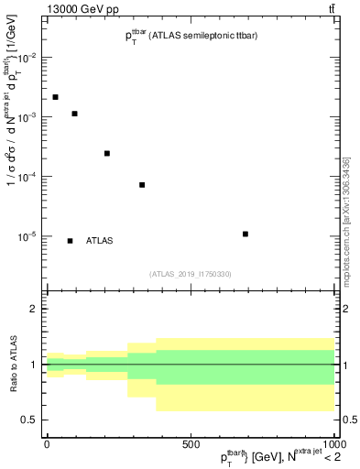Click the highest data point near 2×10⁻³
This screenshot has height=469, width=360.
[56, 97]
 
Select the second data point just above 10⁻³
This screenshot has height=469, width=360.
[74, 114]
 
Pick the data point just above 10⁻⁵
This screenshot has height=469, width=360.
[245, 234]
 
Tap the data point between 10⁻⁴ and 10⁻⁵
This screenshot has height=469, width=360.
[142, 185]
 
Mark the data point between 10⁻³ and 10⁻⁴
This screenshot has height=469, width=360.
[107, 153]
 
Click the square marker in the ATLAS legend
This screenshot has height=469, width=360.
[71, 241]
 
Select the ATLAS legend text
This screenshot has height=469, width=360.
[99, 241]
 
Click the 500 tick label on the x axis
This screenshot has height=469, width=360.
[191, 444]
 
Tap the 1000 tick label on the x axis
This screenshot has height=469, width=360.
[333, 444]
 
